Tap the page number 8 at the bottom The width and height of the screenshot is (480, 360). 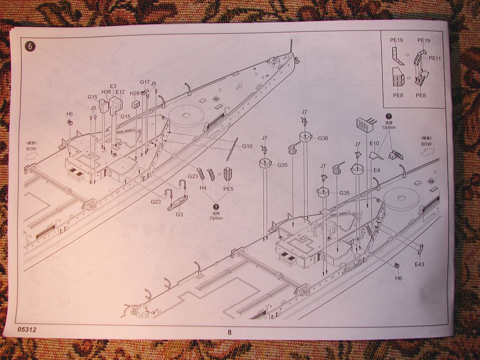click(x=229, y=332)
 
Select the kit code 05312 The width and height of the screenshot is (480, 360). click(x=27, y=330)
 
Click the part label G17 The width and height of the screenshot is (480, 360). click(x=145, y=82)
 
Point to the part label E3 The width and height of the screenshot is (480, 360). click(x=113, y=86)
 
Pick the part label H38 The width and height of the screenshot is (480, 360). click(x=106, y=92)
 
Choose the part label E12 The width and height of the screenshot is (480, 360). click(x=120, y=92)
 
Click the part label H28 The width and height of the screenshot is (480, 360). click(x=135, y=93)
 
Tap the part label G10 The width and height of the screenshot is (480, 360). click(x=247, y=146)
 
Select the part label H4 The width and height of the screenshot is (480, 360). click(x=203, y=187)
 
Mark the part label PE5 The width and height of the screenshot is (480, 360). click(x=228, y=189)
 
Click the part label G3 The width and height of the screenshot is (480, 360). click(x=180, y=214)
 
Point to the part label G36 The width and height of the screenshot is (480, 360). click(x=323, y=138)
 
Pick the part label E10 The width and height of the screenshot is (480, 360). click(x=374, y=143)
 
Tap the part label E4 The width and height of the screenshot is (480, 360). click(x=376, y=170)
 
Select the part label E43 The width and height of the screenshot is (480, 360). click(x=419, y=264)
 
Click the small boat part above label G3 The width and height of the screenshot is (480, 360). click(x=178, y=202)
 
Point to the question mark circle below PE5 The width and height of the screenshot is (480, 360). click(x=216, y=207)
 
